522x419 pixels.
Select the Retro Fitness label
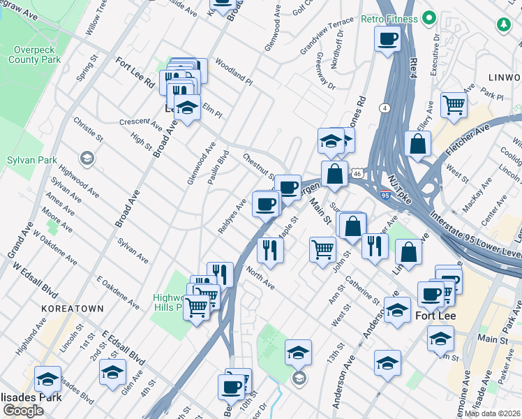(x=389, y=19)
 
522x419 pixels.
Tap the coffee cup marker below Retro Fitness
(x=387, y=39)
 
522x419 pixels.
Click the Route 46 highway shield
(x=357, y=171)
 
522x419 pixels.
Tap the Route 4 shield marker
(x=385, y=107)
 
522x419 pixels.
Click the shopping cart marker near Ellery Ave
(x=454, y=105)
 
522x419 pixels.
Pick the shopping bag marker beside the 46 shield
(x=335, y=173)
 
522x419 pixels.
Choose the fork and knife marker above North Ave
(x=269, y=250)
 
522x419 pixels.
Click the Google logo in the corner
(x=23, y=410)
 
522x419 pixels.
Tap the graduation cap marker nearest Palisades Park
(x=47, y=379)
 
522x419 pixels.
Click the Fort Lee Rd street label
(x=135, y=71)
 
